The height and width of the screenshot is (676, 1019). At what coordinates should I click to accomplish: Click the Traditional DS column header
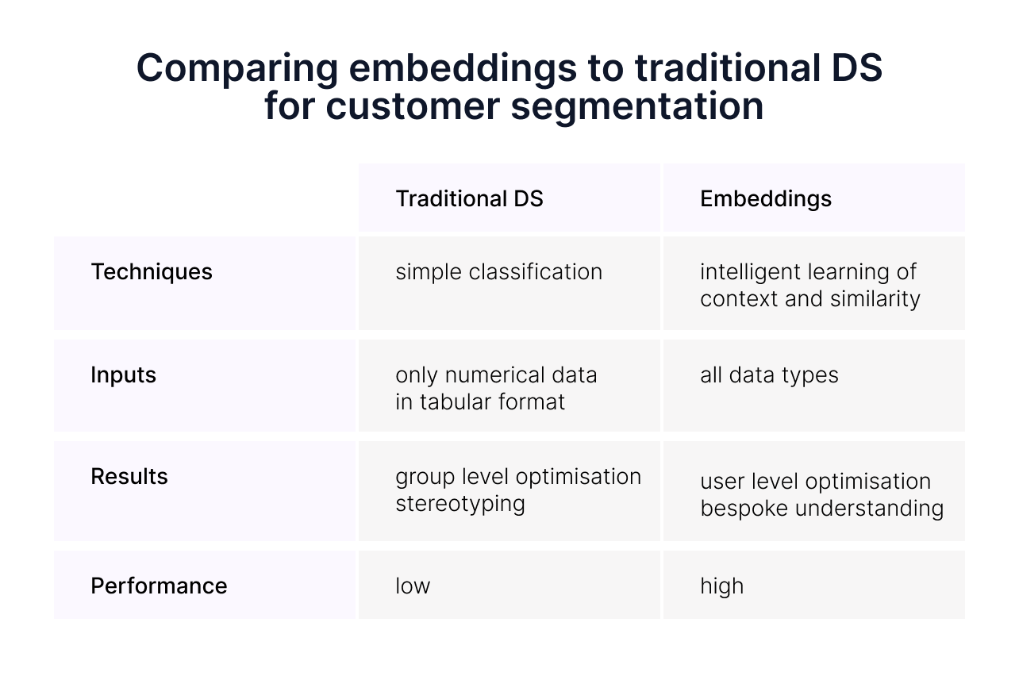click(469, 198)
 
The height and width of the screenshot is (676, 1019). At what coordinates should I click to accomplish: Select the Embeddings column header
click(765, 198)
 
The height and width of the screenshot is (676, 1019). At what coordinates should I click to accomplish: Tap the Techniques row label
click(152, 272)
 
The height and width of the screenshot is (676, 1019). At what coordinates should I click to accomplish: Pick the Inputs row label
click(123, 374)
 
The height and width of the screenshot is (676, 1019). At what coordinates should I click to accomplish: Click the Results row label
click(129, 476)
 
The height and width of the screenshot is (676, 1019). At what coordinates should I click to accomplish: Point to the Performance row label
click(159, 586)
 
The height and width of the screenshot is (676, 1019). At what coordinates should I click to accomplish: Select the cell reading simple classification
click(498, 272)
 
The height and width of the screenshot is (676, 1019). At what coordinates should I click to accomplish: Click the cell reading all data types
click(768, 374)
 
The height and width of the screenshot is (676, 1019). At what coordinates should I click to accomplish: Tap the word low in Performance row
click(412, 586)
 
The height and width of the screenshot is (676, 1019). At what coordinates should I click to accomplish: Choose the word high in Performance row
click(721, 586)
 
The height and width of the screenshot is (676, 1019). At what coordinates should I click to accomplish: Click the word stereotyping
click(460, 504)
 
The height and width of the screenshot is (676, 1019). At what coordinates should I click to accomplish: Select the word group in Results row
click(421, 477)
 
